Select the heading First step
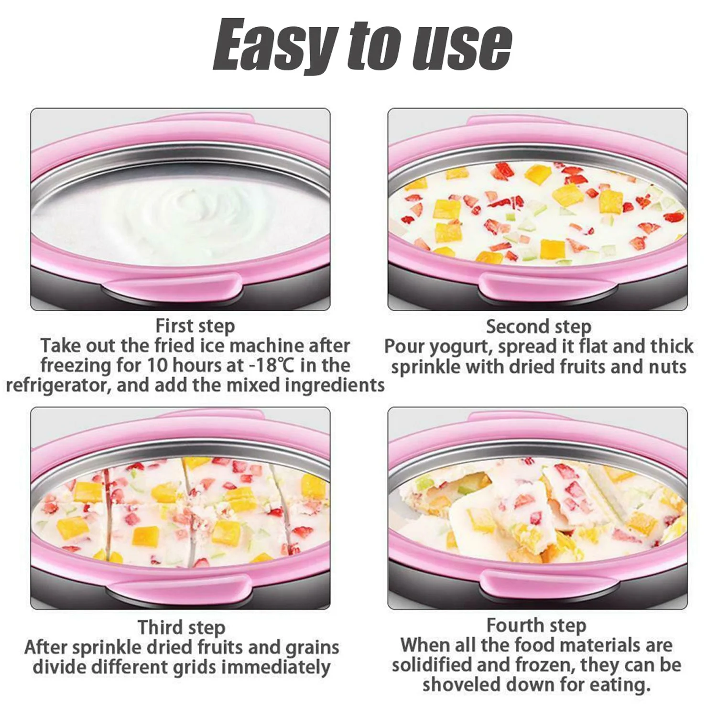(x=195, y=326)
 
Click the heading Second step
(x=539, y=327)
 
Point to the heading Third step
(x=181, y=628)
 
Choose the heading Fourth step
(x=536, y=626)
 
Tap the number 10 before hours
(x=156, y=366)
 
